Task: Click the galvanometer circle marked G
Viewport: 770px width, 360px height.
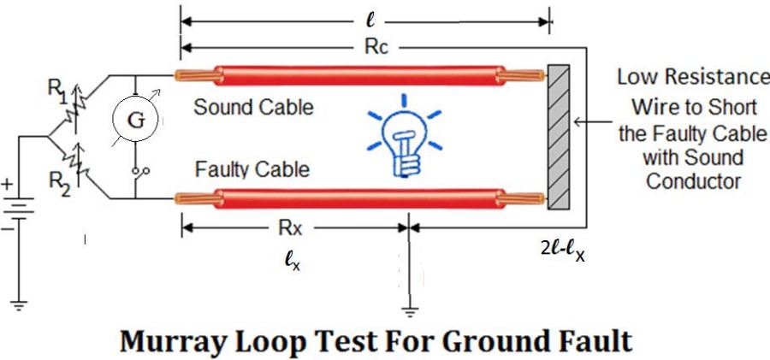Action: [136, 121]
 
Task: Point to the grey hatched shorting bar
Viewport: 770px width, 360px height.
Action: [559, 136]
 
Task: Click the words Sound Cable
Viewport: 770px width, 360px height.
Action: [253, 107]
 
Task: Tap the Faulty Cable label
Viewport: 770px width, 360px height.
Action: [252, 169]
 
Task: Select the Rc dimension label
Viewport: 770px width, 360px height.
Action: [376, 48]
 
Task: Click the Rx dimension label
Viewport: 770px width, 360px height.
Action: [291, 229]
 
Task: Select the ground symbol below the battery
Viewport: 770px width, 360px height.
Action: [19, 306]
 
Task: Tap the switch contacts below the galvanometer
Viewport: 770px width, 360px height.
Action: [140, 171]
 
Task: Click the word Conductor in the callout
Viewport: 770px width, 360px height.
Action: [693, 181]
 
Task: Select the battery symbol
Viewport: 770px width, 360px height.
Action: [19, 210]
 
